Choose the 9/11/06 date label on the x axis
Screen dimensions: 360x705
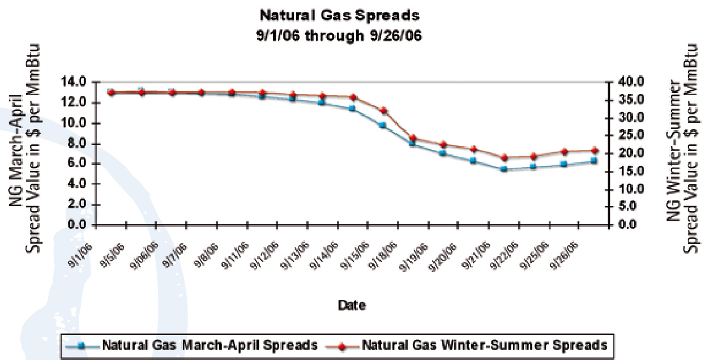pyautogui.click(x=236, y=256)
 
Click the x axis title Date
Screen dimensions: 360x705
pyautogui.click(x=352, y=305)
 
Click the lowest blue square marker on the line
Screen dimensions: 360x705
pyautogui.click(x=503, y=169)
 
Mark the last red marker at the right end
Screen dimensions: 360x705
pyautogui.click(x=593, y=151)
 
